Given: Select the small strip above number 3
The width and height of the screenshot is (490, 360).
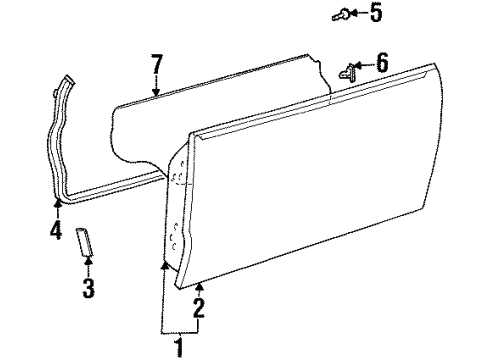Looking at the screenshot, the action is (87, 241).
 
